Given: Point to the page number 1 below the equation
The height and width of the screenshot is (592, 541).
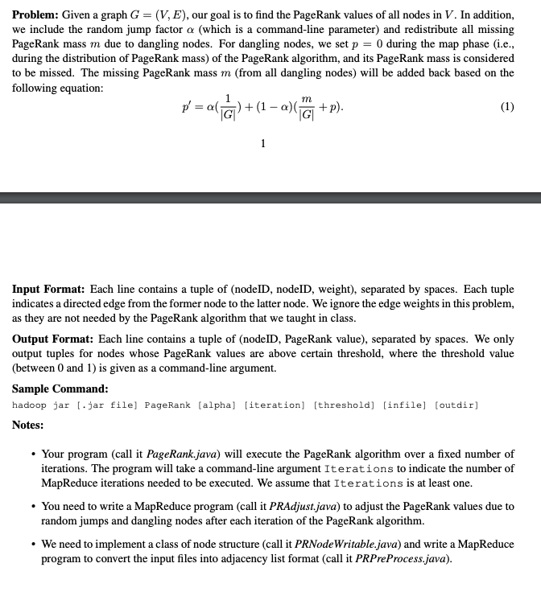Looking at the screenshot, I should point(262,143).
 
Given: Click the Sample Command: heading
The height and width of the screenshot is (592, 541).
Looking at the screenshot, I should point(57,390).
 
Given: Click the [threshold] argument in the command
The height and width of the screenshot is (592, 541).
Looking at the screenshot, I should point(344,405).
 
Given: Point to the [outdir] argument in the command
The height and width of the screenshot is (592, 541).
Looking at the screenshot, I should point(456,405).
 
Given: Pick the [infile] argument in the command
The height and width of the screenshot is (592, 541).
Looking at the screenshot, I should point(406,405).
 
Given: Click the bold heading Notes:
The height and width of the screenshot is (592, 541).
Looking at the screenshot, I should point(28,425).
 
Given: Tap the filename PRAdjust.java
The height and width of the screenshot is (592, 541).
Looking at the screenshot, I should point(294,507).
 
